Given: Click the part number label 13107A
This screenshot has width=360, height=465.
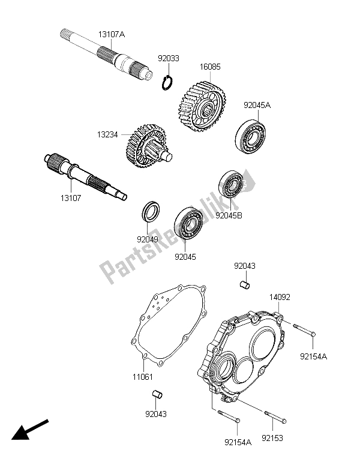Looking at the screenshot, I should (112, 35).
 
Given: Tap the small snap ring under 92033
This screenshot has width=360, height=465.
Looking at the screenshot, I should (168, 82).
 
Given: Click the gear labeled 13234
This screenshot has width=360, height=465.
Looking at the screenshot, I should (145, 151).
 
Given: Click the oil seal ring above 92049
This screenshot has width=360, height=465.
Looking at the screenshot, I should (151, 213).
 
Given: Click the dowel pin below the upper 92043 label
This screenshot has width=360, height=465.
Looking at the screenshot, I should (244, 284).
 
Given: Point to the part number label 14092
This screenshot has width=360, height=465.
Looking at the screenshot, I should (278, 296).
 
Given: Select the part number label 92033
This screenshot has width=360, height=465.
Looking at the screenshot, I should (169, 59).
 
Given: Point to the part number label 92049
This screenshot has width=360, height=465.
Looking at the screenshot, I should (148, 239).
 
